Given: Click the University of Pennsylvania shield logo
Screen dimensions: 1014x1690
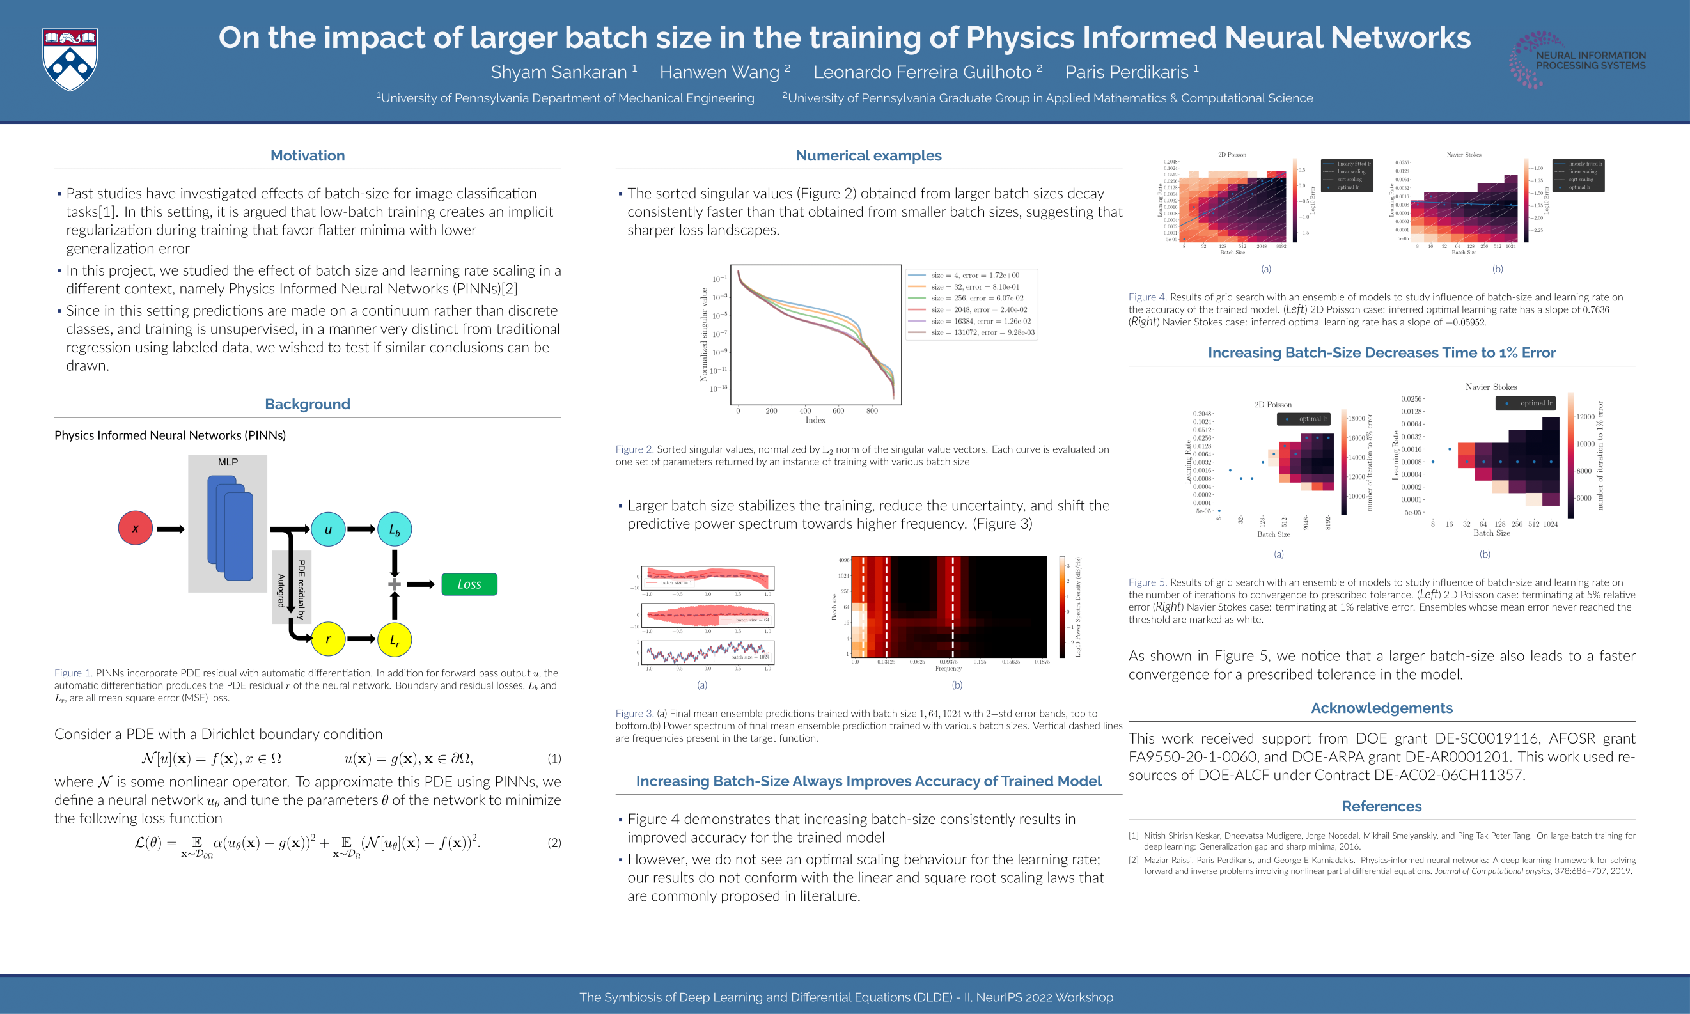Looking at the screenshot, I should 70,59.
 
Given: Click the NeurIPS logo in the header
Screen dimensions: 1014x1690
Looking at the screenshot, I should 1577,60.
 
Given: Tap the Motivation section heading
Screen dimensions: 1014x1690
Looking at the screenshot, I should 308,156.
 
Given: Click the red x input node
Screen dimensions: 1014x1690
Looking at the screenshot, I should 136,528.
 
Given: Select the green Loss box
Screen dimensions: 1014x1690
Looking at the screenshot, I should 469,584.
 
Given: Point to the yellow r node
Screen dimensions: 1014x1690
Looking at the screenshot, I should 328,639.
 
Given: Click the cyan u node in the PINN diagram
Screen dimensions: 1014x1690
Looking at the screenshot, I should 328,529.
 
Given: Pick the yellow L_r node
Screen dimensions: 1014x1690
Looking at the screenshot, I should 395,639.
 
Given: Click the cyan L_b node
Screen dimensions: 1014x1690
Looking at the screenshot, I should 395,529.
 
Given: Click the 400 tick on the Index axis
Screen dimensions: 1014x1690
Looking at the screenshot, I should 806,410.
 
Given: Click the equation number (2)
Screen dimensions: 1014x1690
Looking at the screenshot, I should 554,843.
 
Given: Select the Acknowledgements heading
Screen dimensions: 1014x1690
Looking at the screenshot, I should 1381,708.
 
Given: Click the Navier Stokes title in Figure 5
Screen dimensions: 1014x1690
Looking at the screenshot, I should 1490,387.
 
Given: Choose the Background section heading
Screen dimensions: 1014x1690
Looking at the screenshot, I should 308,404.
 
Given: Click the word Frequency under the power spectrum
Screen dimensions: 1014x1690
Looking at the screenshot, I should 948,668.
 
